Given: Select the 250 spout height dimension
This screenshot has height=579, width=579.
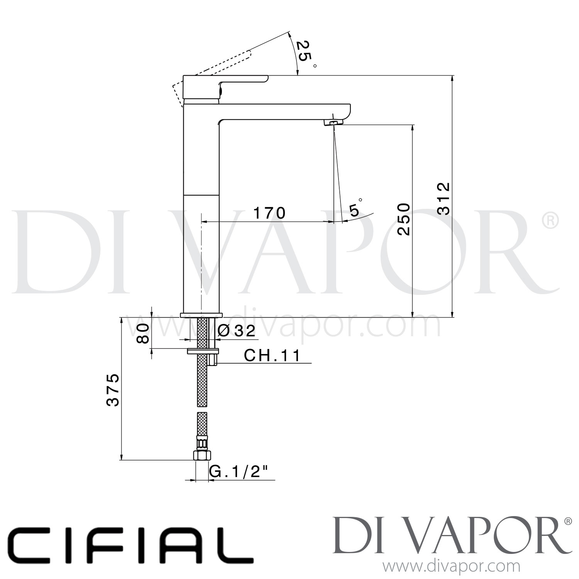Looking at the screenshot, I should pyautogui.click(x=404, y=219).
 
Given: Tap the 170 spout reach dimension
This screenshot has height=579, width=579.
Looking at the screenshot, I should pyautogui.click(x=269, y=213).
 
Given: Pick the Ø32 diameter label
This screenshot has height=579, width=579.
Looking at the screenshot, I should pyautogui.click(x=237, y=331).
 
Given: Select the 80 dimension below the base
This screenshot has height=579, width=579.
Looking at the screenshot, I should pyautogui.click(x=143, y=333).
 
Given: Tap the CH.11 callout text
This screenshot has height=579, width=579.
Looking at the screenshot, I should pyautogui.click(x=272, y=356).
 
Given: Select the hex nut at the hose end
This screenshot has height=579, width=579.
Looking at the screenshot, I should pyautogui.click(x=202, y=455).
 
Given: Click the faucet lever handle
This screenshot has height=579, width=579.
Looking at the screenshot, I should pyautogui.click(x=224, y=82).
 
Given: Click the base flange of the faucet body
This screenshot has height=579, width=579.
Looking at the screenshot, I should pyautogui.click(x=201, y=315).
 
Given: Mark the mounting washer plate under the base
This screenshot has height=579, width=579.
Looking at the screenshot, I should pyautogui.click(x=203, y=351).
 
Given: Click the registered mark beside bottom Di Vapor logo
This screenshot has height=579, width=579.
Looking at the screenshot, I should pyautogui.click(x=568, y=521).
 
